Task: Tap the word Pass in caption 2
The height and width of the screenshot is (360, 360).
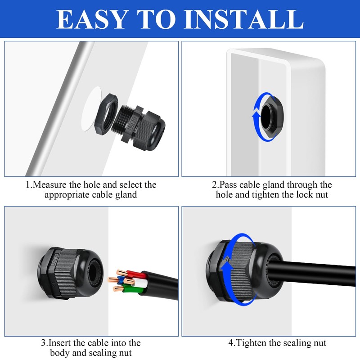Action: [x=228, y=185]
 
